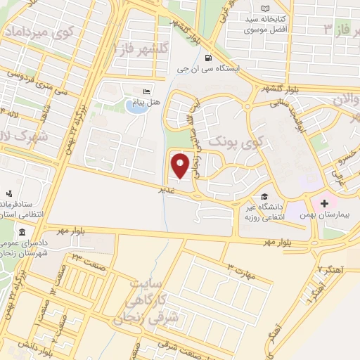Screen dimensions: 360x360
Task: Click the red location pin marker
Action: click(x=181, y=166)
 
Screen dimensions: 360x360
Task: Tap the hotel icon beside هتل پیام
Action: click(x=146, y=91)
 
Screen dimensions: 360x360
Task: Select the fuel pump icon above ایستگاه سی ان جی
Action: click(x=207, y=58)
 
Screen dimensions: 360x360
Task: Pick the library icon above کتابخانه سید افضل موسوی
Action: click(x=264, y=8)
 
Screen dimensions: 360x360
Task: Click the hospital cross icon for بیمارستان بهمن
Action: click(x=324, y=204)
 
